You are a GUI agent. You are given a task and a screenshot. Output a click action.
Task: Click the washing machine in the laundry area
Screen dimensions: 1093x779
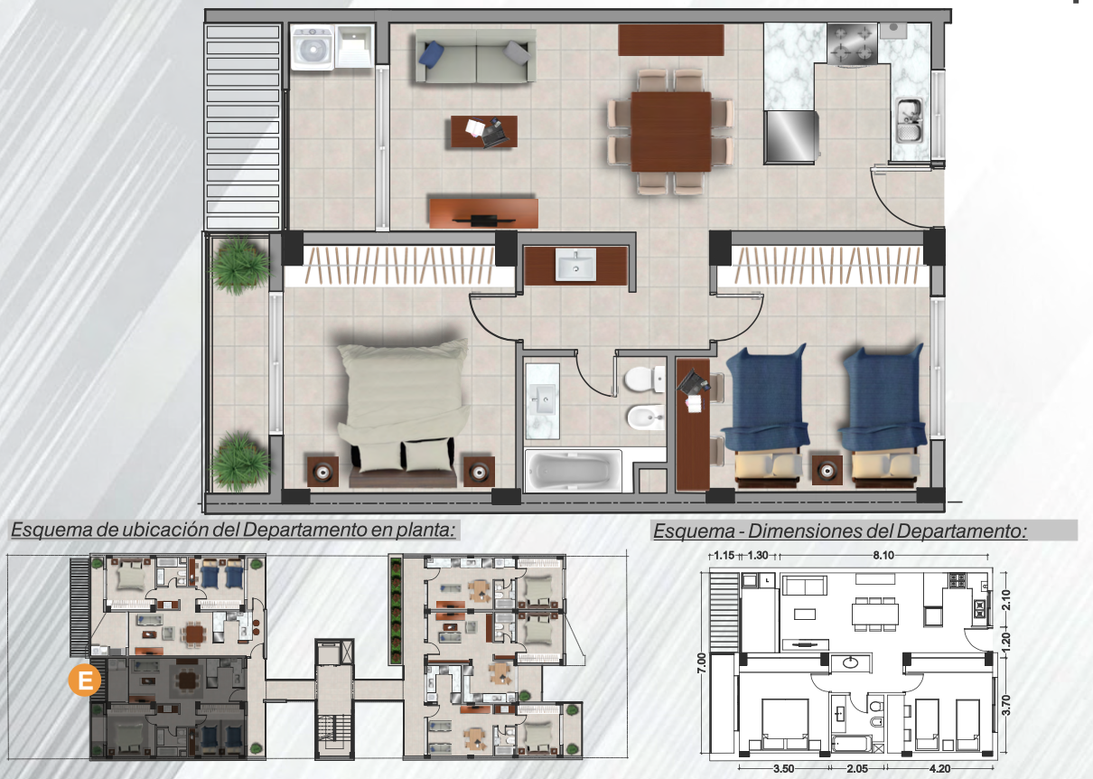[x=313, y=47]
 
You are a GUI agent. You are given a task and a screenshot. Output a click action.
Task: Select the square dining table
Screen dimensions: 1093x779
[x=671, y=131]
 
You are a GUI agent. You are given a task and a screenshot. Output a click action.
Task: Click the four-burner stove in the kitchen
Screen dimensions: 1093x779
[x=852, y=44]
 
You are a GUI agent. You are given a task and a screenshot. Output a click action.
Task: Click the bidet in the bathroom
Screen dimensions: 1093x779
[x=646, y=418]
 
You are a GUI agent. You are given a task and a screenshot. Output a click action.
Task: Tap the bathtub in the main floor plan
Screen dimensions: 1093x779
[x=573, y=470]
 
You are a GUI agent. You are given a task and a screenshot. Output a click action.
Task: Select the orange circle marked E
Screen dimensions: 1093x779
[x=84, y=680]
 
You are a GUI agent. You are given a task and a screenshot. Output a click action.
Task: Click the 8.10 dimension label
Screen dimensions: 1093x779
[x=883, y=556]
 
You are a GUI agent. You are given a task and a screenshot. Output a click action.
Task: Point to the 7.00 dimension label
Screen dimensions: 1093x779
[x=702, y=663]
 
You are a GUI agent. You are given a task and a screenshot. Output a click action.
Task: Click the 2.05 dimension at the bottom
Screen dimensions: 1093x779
[x=857, y=769]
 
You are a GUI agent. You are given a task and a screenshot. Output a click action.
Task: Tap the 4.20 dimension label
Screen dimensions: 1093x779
[x=939, y=769]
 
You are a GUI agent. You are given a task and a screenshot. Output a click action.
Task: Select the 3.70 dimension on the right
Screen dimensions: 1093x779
[x=1005, y=705]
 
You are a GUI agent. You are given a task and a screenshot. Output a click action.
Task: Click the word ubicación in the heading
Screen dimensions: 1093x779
[x=169, y=530]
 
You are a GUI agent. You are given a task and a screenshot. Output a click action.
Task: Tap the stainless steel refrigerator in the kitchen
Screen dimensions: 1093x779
[x=790, y=136]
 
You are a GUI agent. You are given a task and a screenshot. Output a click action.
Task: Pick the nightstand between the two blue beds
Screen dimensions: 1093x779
[x=827, y=470]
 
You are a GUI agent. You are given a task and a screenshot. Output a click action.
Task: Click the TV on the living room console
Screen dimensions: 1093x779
[x=483, y=221]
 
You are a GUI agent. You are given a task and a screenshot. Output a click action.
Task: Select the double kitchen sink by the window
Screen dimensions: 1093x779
[x=909, y=119]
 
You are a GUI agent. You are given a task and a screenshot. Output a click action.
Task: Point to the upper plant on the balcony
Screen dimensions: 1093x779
[x=239, y=265]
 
